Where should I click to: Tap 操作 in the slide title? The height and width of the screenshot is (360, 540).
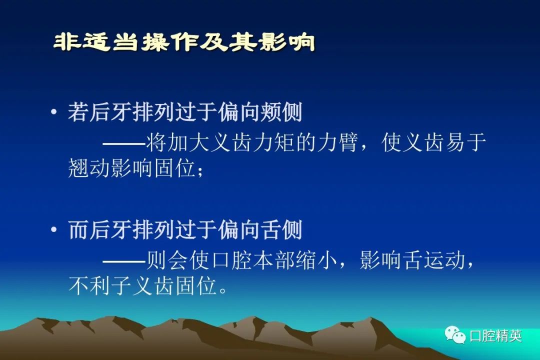pyautogui.click(x=170, y=42)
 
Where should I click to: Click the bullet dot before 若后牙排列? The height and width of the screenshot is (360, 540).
pyautogui.click(x=53, y=111)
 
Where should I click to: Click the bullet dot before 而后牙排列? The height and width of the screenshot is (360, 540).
pyautogui.click(x=53, y=229)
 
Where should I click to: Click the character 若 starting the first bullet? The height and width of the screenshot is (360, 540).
pyautogui.click(x=78, y=112)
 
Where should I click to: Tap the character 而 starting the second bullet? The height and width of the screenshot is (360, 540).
pyautogui.click(x=78, y=230)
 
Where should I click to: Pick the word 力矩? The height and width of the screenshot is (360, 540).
pyautogui.click(x=274, y=142)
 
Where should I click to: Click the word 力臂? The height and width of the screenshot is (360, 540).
pyautogui.click(x=337, y=142)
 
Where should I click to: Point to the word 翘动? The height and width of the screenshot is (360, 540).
pyautogui.click(x=89, y=168)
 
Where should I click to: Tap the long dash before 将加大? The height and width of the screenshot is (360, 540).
pyautogui.click(x=124, y=143)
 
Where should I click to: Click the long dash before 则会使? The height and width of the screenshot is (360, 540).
pyautogui.click(x=124, y=261)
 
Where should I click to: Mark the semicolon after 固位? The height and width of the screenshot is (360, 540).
pyautogui.click(x=200, y=170)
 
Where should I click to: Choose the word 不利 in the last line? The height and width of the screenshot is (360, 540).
pyautogui.click(x=89, y=286)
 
